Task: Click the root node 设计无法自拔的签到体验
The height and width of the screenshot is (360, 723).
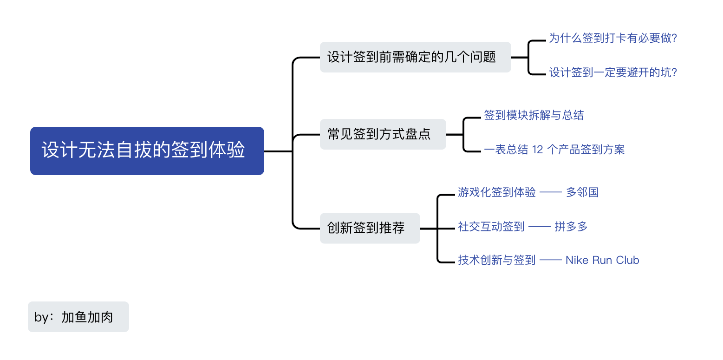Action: pyautogui.click(x=147, y=151)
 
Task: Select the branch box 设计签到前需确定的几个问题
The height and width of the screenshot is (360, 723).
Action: pyautogui.click(x=415, y=57)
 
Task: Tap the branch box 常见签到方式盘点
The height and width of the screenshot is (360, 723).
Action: pyautogui.click(x=383, y=134)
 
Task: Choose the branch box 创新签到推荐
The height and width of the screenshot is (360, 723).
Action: pyautogui.click(x=370, y=228)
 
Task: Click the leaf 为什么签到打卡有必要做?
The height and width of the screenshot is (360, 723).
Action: pyautogui.click(x=612, y=38)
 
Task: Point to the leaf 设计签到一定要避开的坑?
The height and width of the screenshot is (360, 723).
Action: pyautogui.click(x=613, y=72)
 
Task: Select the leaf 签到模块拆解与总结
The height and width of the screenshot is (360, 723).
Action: pyautogui.click(x=534, y=115)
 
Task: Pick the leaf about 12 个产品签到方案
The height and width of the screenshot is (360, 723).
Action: pyautogui.click(x=554, y=150)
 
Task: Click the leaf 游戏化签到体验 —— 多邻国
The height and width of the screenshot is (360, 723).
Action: pyautogui.click(x=528, y=192)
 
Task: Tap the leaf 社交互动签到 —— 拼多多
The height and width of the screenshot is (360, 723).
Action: pyautogui.click(x=522, y=227)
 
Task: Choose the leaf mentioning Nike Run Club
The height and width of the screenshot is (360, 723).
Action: pyautogui.click(x=548, y=261)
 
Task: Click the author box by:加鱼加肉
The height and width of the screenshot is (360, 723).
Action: pyautogui.click(x=78, y=317)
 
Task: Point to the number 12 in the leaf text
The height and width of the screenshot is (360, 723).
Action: pyautogui.click(x=537, y=150)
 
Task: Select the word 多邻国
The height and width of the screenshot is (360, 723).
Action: pyautogui.click(x=582, y=192)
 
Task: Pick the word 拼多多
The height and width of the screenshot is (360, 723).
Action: pyautogui.click(x=571, y=227)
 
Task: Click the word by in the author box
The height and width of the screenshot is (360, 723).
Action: pyautogui.click(x=41, y=317)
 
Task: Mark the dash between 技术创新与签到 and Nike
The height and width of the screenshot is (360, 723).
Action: pyautogui.click(x=550, y=261)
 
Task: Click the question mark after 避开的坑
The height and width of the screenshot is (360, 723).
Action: pyautogui.click(x=674, y=72)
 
